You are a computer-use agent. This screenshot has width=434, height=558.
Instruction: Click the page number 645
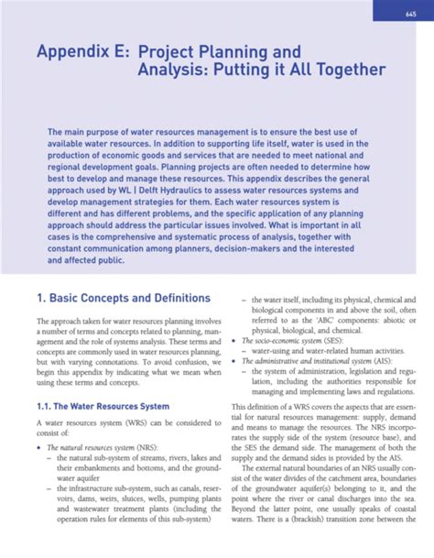point(410,12)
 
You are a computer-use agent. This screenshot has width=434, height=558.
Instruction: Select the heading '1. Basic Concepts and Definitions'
point(123,298)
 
